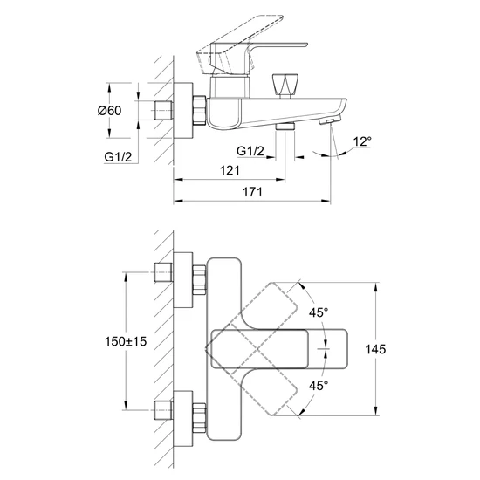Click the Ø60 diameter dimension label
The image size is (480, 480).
coord(110,110)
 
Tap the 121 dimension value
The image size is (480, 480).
coord(230,170)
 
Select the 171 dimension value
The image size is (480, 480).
coord(252,192)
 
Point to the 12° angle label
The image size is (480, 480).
coord(362,141)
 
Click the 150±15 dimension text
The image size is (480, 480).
coord(126,341)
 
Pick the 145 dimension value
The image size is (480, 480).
coord(375,349)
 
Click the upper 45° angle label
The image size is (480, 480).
coord(319,312)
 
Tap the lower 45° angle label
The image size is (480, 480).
coord(319,386)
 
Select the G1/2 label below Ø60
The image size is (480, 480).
coord(118,157)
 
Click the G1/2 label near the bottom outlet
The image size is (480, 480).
coord(250,151)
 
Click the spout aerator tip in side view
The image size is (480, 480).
coord(330,120)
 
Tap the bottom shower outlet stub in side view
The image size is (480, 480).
coord(285,127)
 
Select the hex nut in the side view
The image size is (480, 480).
coord(199,111)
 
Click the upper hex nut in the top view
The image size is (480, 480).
coord(199,280)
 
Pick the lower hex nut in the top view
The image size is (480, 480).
coord(199,418)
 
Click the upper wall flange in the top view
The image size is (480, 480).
coord(183,280)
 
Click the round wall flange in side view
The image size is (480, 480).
coord(183,110)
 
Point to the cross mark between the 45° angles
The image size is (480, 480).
coord(324,349)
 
